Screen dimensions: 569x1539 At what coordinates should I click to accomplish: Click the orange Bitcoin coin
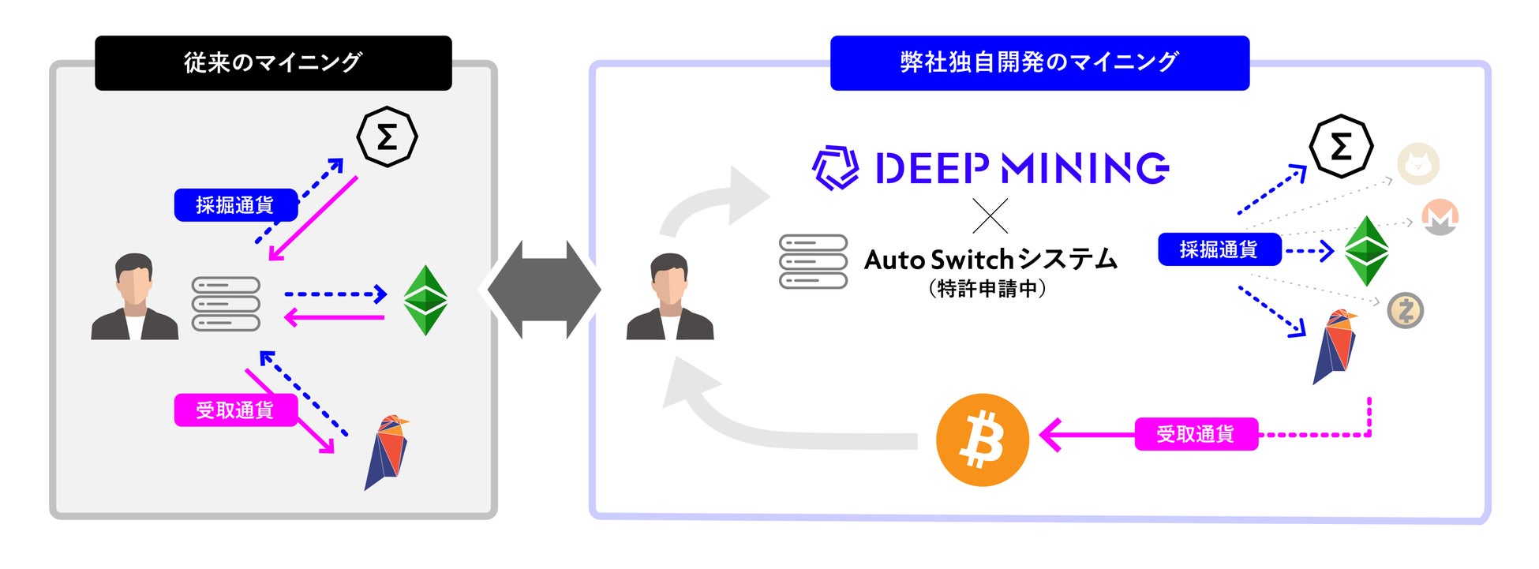point(982,440)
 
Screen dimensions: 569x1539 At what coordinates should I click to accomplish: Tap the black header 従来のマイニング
point(273,62)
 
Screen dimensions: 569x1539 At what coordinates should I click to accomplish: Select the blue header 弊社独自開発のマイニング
point(1039,62)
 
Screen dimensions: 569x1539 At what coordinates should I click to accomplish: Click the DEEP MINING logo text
point(1021,168)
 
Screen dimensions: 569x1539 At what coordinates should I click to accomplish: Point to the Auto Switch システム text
point(990,259)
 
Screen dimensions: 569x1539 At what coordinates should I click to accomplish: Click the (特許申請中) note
point(987,289)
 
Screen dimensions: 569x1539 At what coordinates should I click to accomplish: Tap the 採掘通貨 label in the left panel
point(235,205)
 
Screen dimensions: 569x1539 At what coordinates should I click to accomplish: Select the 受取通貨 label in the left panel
point(235,410)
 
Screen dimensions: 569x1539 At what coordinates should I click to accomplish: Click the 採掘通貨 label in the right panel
point(1219,249)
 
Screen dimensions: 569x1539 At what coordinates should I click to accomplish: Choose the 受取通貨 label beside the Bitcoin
point(1196,434)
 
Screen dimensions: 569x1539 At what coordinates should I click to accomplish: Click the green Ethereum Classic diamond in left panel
point(425,301)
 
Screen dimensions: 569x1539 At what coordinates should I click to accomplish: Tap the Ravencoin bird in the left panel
point(386,452)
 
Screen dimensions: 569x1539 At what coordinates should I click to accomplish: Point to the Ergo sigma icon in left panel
point(387,137)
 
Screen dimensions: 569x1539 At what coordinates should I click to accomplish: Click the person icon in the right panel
point(670,298)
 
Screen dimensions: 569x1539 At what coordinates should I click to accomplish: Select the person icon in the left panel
point(134,298)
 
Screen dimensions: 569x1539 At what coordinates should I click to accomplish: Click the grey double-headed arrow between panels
point(544,290)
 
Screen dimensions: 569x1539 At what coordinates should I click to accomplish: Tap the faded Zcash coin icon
point(1406,311)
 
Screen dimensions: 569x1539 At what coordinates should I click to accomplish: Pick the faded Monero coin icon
point(1440,217)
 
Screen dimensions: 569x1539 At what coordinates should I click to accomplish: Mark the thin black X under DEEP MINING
point(990,215)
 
